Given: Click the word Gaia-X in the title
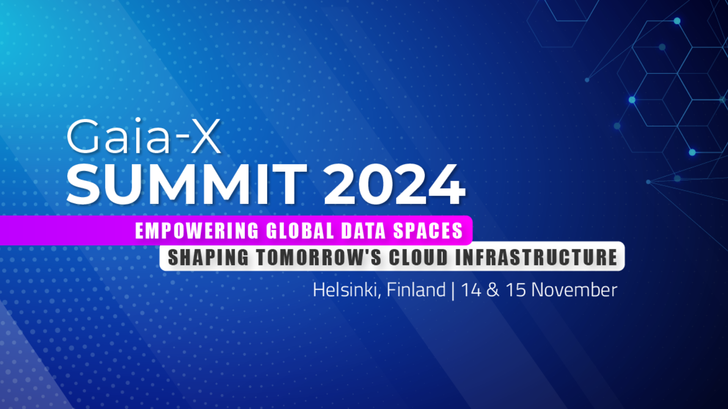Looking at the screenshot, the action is click(x=144, y=136).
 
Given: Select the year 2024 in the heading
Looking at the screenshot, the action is click(x=394, y=184).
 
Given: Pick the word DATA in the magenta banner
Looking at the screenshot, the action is click(x=364, y=231).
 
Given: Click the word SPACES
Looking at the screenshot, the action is click(x=428, y=231).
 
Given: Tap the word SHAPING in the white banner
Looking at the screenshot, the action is click(x=208, y=258).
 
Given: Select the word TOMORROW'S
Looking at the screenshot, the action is click(x=319, y=258).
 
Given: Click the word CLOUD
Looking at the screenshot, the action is click(x=419, y=258).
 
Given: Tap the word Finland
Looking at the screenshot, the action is click(x=416, y=290).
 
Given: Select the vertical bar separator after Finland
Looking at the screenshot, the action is click(x=453, y=291).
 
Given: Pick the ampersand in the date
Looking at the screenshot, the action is click(x=493, y=290).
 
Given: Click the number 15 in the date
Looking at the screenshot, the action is click(x=516, y=290).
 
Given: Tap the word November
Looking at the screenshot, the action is click(x=574, y=290).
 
